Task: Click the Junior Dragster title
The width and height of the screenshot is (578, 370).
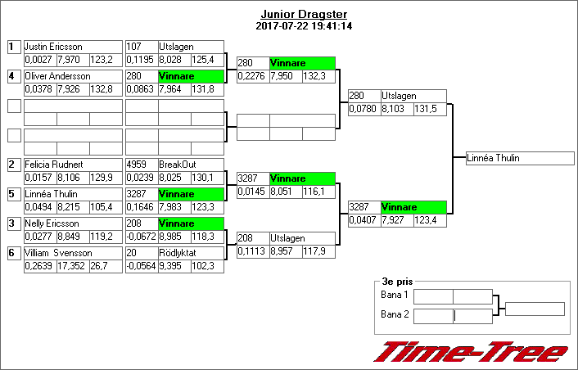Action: pyautogui.click(x=304, y=15)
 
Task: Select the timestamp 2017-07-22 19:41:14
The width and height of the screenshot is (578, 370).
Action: pyautogui.click(x=304, y=26)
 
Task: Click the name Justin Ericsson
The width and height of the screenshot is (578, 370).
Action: pyautogui.click(x=53, y=47)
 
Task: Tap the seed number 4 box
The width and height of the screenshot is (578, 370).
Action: pyautogui.click(x=14, y=76)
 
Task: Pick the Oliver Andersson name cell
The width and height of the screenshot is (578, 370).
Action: pyautogui.click(x=73, y=76)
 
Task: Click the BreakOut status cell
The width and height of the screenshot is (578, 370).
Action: pyautogui.click(x=191, y=165)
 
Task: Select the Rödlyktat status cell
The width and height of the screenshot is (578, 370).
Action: pyautogui.click(x=191, y=253)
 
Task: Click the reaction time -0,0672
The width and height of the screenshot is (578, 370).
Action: pyautogui.click(x=142, y=237)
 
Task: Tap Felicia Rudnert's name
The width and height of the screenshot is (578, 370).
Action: pyautogui.click(x=54, y=165)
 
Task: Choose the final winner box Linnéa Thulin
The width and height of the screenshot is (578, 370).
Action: pyautogui.click(x=520, y=158)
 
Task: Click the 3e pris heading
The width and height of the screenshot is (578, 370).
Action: pyautogui.click(x=397, y=282)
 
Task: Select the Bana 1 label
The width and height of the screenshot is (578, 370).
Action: pyautogui.click(x=395, y=295)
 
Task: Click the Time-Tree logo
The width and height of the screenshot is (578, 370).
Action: pyautogui.click(x=471, y=352)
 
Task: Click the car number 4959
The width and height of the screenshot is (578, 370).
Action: pyautogui.click(x=137, y=165)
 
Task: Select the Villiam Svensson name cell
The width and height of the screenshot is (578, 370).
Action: pyautogui.click(x=73, y=253)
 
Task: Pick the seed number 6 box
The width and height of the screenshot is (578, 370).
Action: pyautogui.click(x=14, y=253)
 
